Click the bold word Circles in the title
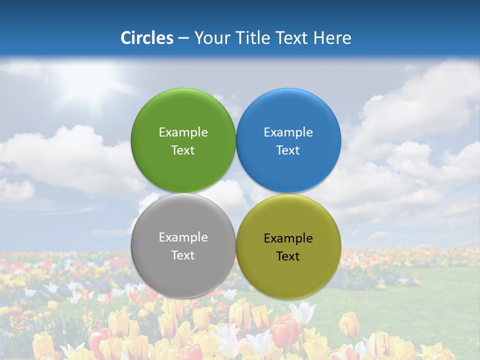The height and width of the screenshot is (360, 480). [147, 37]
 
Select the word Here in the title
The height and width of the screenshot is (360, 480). [332, 37]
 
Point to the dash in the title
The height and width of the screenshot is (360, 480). [183, 38]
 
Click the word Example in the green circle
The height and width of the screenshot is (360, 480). [183, 132]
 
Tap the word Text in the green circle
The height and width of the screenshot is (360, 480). [183, 150]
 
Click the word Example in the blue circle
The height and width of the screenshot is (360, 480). [288, 132]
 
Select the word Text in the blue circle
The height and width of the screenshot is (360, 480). [288, 150]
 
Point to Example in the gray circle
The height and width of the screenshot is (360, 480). [183, 237]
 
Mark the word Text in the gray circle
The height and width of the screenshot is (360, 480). [183, 255]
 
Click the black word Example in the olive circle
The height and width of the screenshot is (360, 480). [288, 238]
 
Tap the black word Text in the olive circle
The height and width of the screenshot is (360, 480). [288, 256]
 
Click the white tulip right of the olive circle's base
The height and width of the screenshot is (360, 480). [303, 312]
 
